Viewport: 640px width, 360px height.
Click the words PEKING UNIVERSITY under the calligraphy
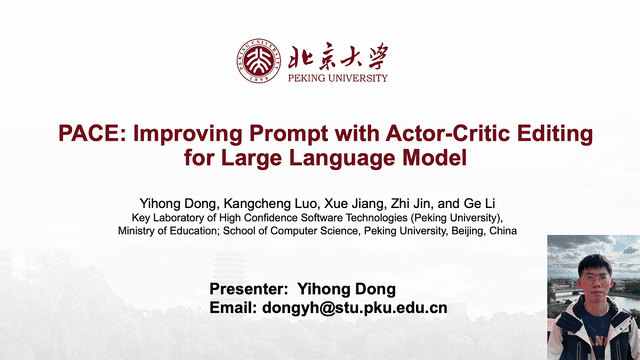[x=337, y=77]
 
